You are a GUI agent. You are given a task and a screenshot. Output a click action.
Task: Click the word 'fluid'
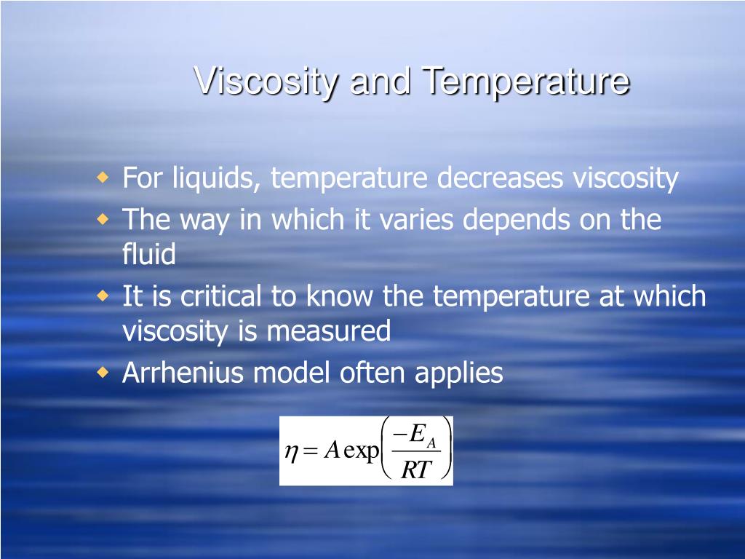pos(148,254)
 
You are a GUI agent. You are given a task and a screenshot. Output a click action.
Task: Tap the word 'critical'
pos(220,296)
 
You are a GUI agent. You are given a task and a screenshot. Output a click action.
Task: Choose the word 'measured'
pos(328,331)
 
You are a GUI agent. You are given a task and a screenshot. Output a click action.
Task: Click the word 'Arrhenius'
pos(183,373)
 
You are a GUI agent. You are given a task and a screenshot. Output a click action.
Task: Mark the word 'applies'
pos(458,373)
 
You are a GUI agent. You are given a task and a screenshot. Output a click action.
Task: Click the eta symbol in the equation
pos(291,453)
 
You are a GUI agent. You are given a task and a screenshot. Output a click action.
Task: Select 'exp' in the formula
pos(361,452)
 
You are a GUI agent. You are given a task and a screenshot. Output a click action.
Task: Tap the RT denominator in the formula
pos(416,470)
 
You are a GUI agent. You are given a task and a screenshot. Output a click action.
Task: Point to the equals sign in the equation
pos(311,452)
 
